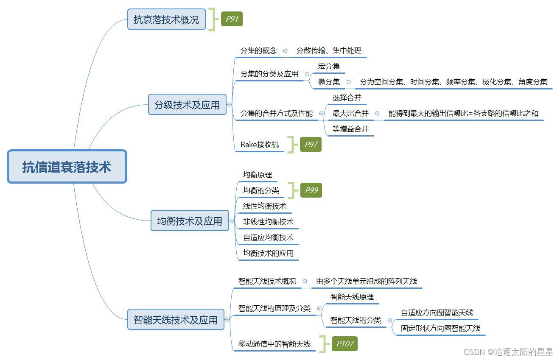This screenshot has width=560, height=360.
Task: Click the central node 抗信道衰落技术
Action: (67, 167)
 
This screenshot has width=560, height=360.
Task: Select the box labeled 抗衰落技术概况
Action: (166, 20)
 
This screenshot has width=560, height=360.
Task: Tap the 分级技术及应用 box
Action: (187, 105)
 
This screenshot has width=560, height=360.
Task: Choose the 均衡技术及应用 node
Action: (190, 221)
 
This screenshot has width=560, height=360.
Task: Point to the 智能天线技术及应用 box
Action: (176, 320)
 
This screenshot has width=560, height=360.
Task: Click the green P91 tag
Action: (232, 19)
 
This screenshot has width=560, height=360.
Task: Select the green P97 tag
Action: (311, 145)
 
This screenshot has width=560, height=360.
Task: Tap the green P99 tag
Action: (311, 190)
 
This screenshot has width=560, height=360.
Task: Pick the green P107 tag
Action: (344, 344)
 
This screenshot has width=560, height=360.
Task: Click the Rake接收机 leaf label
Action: (260, 145)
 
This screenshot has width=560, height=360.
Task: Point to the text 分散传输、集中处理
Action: (329, 50)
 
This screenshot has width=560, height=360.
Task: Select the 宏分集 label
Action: (329, 66)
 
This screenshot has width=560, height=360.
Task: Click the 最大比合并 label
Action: (350, 113)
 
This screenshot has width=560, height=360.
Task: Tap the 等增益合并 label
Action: (350, 129)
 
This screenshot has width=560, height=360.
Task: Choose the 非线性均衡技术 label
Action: (268, 221)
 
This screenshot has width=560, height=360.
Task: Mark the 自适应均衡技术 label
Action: (268, 237)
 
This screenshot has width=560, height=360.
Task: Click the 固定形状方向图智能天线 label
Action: (440, 328)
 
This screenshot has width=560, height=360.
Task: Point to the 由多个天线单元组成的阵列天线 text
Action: (367, 281)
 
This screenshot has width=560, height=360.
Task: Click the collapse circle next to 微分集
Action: (349, 82)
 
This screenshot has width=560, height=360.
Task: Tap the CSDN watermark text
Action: (508, 352)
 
